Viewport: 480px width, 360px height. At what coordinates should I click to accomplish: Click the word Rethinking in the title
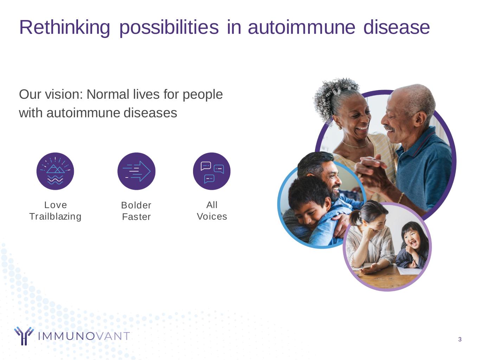(x=64, y=28)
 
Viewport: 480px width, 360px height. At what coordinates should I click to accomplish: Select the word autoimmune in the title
(x=302, y=27)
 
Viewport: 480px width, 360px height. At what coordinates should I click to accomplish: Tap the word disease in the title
(x=396, y=27)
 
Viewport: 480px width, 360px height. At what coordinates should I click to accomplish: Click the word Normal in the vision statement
(x=108, y=95)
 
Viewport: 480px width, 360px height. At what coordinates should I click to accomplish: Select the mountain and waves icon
(x=55, y=171)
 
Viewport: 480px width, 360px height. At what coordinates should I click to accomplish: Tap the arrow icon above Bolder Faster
(x=136, y=171)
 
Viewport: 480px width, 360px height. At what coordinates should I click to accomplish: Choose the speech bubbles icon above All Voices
(x=212, y=171)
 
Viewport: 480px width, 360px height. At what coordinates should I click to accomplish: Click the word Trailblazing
(x=55, y=217)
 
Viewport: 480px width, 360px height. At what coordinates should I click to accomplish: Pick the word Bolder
(x=136, y=205)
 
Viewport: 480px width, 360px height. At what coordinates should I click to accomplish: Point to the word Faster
(x=136, y=217)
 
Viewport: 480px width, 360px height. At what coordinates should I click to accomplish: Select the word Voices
(x=212, y=217)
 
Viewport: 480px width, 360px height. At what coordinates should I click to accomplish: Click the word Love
(x=56, y=205)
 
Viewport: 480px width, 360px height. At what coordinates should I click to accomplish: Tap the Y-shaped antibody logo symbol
(x=24, y=336)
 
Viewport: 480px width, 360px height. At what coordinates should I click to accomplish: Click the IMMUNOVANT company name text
(x=84, y=336)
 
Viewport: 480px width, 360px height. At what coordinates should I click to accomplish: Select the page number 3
(x=460, y=339)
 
